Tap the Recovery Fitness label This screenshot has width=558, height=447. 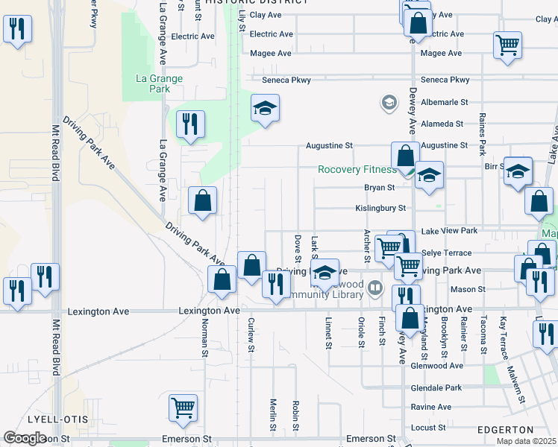(x=357, y=169)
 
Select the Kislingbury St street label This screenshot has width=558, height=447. (x=380, y=209)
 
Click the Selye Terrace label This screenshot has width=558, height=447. (x=447, y=253)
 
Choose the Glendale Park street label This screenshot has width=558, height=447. (x=436, y=388)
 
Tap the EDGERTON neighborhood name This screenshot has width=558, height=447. (x=505, y=430)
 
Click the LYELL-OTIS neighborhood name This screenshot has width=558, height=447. (x=48, y=419)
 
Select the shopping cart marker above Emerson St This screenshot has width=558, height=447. (x=183, y=408)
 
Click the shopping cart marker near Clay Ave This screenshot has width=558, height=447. (x=507, y=44)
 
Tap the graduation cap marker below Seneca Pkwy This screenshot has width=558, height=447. (x=265, y=108)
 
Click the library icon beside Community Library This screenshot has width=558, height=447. (x=375, y=288)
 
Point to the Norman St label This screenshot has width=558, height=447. (x=204, y=335)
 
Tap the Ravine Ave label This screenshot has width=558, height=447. (x=431, y=408)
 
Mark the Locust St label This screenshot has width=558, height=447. (x=428, y=428)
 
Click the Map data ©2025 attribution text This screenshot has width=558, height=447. (x=526, y=441)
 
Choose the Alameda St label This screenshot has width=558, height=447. (x=442, y=124)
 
